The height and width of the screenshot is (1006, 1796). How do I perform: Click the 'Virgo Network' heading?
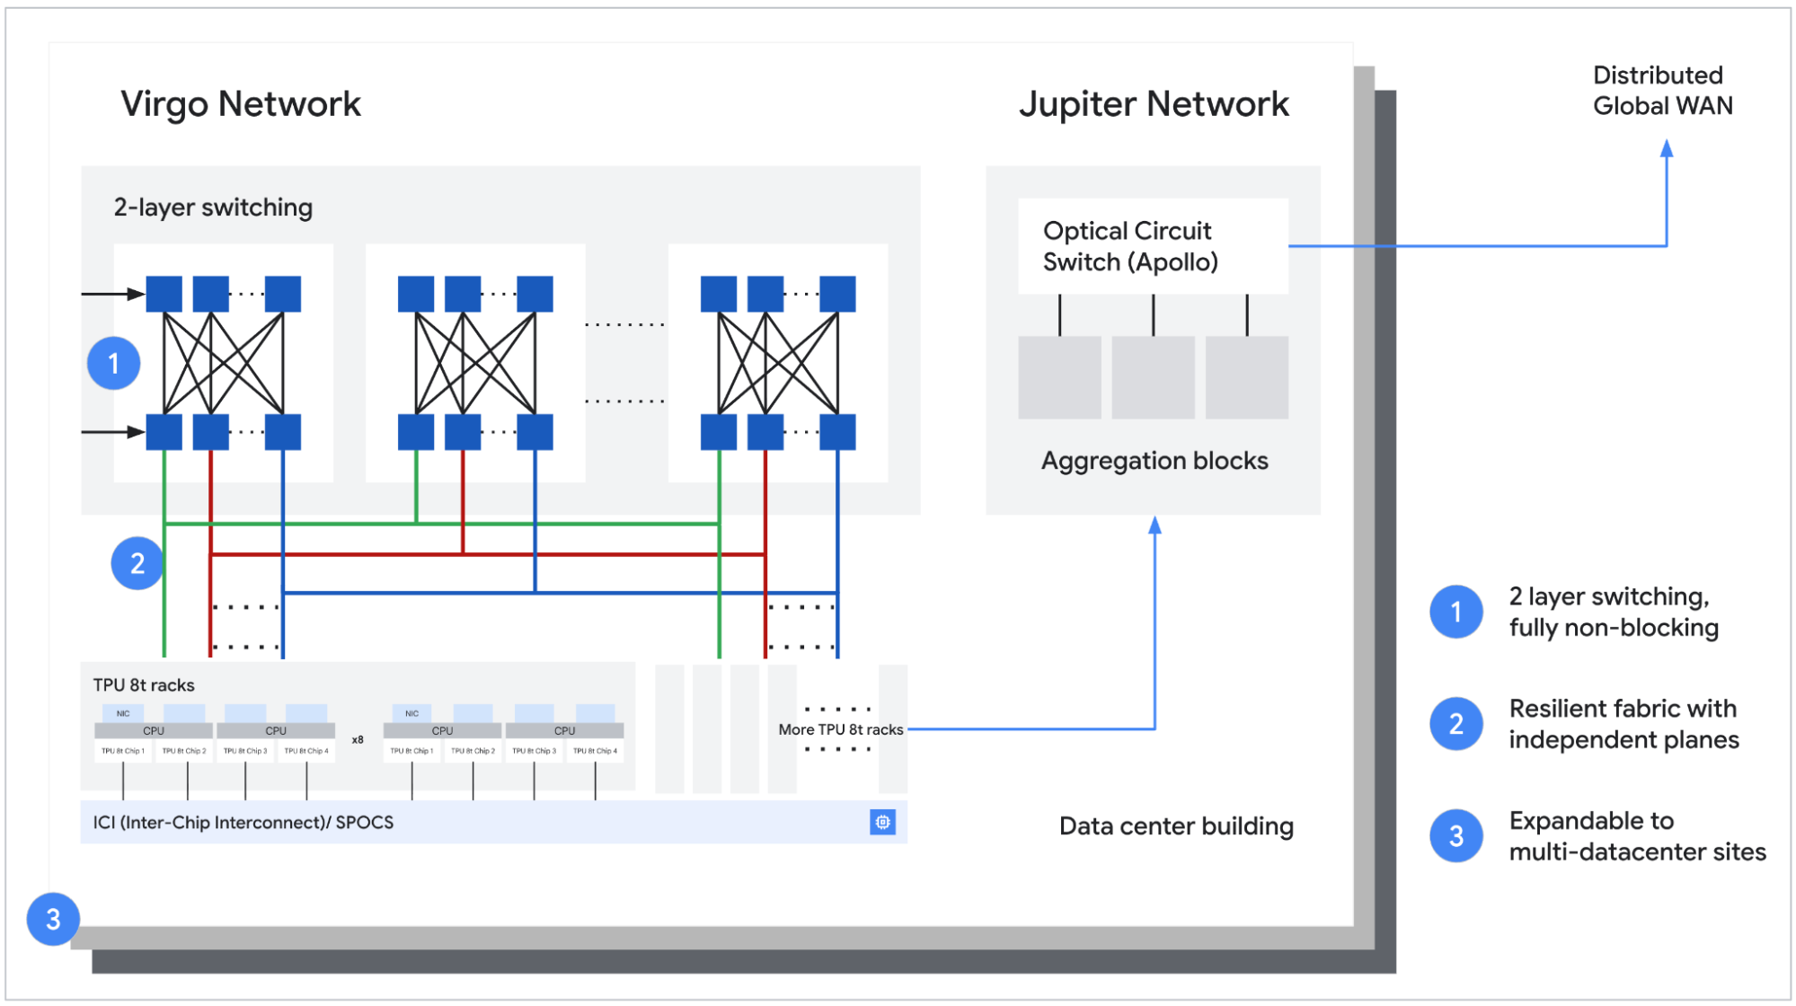pos(241,104)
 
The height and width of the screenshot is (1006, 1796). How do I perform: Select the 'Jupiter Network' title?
pos(1154,104)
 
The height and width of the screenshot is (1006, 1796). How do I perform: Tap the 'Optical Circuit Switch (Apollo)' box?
pos(1152,246)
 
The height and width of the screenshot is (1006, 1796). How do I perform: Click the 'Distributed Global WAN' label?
pos(1661,91)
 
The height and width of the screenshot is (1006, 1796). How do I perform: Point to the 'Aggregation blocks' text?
pos(1154,461)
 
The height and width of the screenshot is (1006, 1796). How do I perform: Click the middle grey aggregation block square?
pos(1153,377)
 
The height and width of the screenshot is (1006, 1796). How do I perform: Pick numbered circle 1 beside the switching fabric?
pos(114,364)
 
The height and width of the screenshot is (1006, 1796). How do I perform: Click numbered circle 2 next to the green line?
pos(137,563)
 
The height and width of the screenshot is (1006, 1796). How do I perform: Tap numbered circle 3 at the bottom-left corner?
pos(53,919)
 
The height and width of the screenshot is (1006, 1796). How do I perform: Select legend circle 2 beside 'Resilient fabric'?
pos(1455,724)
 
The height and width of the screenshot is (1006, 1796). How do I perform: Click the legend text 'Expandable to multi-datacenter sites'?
pos(1636,836)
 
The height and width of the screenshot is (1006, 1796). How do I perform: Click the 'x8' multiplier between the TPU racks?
pos(358,740)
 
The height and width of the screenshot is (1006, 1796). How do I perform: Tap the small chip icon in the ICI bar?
pos(882,822)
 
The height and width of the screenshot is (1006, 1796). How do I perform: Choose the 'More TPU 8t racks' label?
pos(840,729)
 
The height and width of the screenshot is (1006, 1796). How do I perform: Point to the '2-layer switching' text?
pos(213,207)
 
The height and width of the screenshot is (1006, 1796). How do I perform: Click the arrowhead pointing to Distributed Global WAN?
pos(1666,148)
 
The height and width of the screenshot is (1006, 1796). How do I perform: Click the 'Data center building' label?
pos(1175,826)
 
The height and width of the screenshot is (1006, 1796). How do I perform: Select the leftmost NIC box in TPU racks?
pos(123,713)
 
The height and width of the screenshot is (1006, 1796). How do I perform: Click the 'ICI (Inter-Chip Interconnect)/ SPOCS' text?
pos(243,823)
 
